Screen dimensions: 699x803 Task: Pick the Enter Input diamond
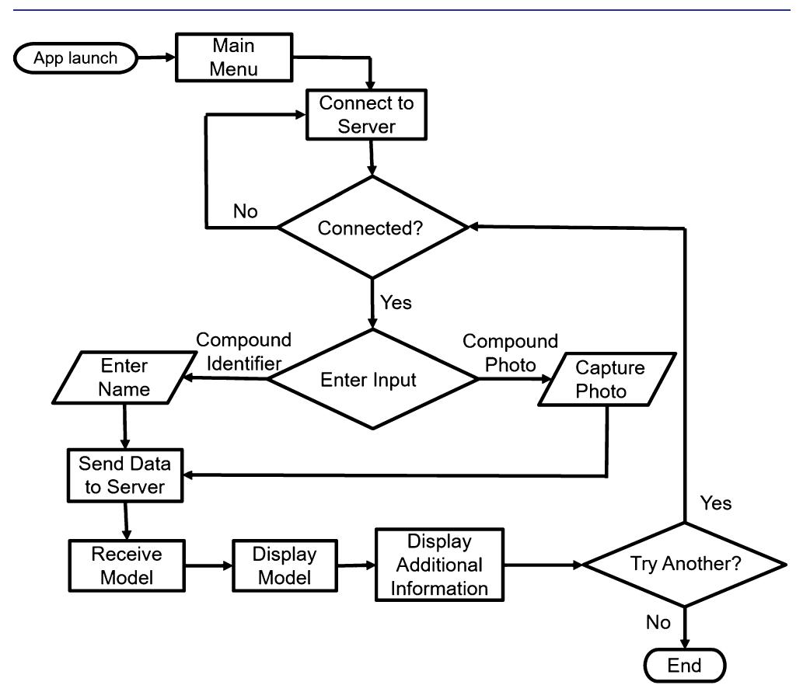coord(372,379)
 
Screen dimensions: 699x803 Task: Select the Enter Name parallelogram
coord(124,378)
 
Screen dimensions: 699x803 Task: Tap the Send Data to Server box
coord(124,475)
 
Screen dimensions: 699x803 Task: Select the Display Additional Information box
coord(439,564)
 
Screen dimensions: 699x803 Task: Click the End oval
coord(684,666)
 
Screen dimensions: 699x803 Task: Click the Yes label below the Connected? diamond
coord(396,302)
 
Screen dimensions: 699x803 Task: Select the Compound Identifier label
coord(243,351)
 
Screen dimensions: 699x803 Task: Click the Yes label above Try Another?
coord(715,503)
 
